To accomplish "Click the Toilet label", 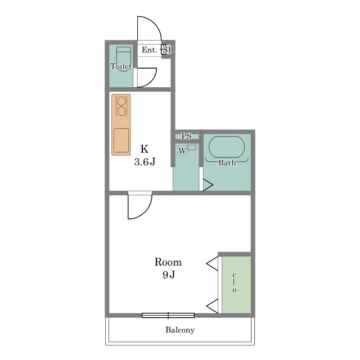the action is click(121, 66).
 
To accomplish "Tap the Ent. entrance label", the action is click(149, 50).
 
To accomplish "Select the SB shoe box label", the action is click(168, 50).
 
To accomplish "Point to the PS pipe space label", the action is click(186, 136).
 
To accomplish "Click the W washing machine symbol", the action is click(182, 151).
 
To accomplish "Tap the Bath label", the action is click(227, 163).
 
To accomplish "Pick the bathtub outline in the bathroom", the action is click(227, 147).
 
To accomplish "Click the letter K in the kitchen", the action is click(145, 149).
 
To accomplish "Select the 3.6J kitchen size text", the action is click(145, 162).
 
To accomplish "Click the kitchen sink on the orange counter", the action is click(121, 140).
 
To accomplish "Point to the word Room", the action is click(168, 262).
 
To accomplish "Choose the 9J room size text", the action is click(169, 274).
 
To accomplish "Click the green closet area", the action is click(236, 285).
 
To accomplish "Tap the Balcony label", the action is click(180, 330).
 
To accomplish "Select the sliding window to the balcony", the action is click(168, 315).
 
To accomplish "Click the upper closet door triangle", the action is click(213, 264).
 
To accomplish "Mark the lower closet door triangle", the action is click(213, 306).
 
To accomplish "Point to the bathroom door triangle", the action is click(208, 185).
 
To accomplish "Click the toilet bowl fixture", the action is click(124, 58).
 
